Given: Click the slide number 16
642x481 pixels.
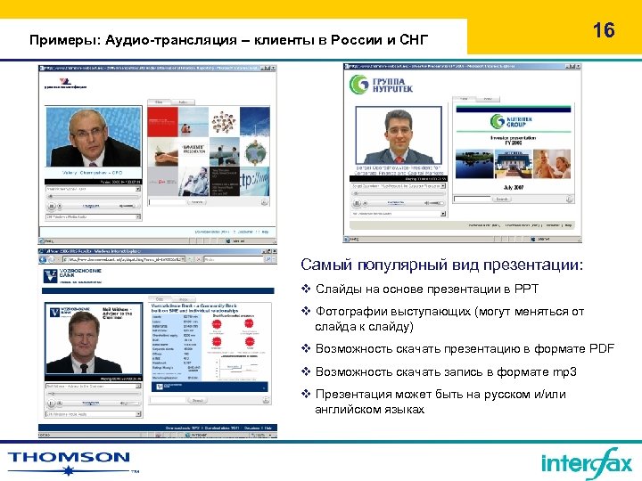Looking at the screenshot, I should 604,30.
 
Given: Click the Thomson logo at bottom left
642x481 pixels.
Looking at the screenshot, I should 70,461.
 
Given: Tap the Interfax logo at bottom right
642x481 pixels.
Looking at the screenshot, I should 586,462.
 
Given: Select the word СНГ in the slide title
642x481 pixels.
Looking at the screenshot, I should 412,40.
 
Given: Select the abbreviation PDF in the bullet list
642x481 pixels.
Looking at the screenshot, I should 600,348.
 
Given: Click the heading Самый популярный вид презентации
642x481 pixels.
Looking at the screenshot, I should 442,266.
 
